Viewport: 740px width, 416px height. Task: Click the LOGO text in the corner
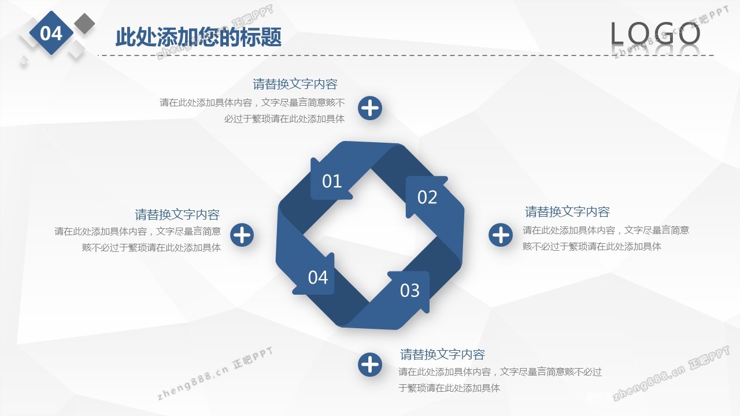655,34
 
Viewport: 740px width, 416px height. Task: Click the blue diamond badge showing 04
51,33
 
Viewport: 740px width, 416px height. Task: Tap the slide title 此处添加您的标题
198,37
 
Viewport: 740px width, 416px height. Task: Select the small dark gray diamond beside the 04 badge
84,24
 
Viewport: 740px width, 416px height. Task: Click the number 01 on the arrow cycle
332,181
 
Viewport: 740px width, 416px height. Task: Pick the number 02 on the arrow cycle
427,197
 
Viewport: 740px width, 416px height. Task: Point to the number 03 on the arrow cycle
410,291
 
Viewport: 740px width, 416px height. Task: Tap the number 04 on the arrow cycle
318,277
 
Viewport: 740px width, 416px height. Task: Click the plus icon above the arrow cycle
370,108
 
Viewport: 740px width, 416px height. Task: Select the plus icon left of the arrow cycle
242,235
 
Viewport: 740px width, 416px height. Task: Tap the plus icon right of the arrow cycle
501,235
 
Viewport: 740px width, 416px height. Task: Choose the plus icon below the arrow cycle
370,365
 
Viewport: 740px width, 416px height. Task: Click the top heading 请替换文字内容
295,84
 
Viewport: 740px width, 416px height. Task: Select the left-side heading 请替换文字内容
177,214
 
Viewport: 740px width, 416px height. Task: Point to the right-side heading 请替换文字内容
567,211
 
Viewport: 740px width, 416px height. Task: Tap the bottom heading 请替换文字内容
442,354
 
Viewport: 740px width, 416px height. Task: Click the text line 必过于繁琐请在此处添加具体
284,119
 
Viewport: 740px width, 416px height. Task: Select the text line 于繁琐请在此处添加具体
449,388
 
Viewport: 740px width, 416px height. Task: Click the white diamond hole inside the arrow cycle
370,236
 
